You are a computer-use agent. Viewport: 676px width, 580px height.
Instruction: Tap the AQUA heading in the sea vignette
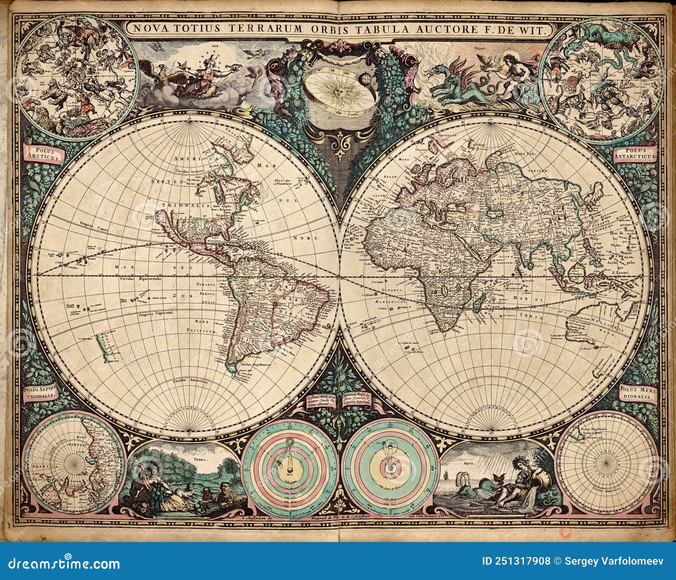coord(477,463)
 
